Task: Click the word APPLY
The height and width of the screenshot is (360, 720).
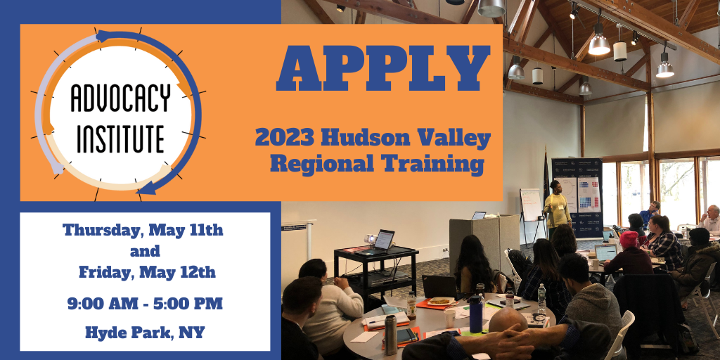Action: (x=383, y=68)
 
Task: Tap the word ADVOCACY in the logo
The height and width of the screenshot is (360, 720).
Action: (x=120, y=98)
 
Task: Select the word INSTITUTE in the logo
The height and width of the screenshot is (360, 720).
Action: (x=120, y=139)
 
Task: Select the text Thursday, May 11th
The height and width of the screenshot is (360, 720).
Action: (x=143, y=230)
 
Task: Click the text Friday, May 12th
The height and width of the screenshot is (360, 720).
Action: (x=147, y=272)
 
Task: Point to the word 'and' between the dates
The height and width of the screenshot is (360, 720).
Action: (x=145, y=252)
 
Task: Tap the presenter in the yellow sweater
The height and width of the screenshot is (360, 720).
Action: (x=557, y=205)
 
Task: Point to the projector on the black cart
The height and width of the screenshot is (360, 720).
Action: (x=370, y=239)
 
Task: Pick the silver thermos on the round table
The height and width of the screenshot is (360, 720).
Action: (x=391, y=335)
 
